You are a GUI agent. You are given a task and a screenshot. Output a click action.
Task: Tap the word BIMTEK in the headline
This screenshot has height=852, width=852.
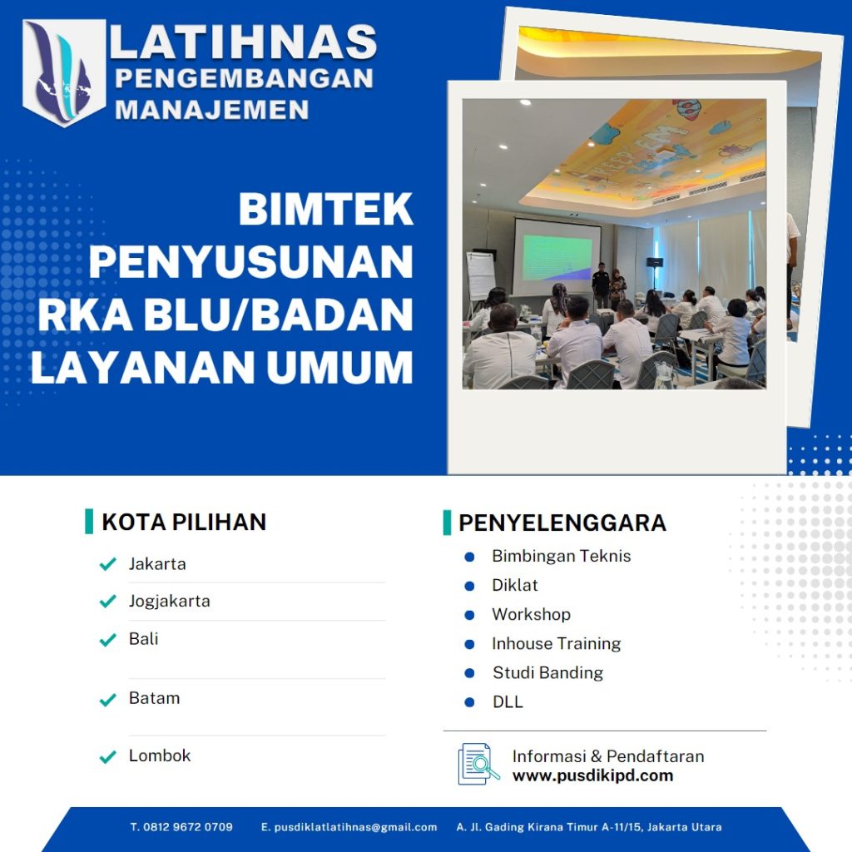pos(325,210)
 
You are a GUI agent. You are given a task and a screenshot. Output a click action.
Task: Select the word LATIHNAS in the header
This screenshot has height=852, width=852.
pos(243,43)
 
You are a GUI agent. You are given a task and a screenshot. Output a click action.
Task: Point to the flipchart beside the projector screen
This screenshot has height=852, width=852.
pos(480,275)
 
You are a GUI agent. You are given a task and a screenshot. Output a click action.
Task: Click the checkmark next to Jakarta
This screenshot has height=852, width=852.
pos(107,564)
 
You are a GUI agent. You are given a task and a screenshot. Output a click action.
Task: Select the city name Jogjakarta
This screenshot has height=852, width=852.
pos(169,601)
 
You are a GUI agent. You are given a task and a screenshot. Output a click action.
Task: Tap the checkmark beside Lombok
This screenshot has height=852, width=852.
pos(107,756)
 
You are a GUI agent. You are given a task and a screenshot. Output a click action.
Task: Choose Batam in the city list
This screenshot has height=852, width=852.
pos(154,698)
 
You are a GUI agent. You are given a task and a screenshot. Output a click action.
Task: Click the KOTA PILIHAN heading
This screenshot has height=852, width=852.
pos(183,523)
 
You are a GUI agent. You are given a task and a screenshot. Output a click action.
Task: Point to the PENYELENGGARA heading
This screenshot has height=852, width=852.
pos(562,523)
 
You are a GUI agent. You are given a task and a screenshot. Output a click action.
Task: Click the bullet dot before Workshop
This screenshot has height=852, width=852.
pos(469,615)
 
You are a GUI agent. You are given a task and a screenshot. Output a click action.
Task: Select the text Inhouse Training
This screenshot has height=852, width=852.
pos(556,643)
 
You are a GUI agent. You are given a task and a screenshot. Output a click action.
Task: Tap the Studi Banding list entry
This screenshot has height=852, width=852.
pos(547,672)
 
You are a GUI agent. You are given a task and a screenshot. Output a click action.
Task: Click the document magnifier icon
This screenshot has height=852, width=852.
pos(478,764)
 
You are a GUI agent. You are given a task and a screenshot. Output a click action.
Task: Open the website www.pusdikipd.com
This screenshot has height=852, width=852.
pos(592,775)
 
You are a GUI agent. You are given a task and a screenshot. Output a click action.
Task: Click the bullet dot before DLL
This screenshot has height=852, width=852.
pos(469,702)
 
